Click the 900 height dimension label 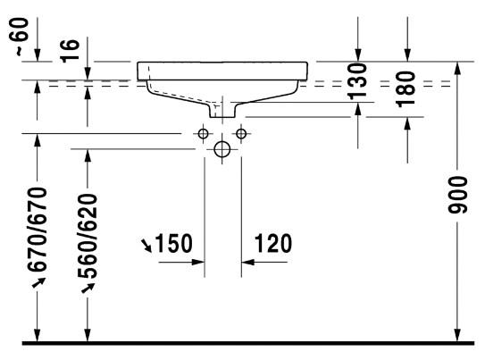pyautogui.click(x=457, y=195)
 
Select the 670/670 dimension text pyautogui.click(x=38, y=230)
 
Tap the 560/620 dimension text pyautogui.click(x=88, y=236)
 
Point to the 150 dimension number pyautogui.click(x=173, y=243)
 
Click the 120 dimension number pyautogui.click(x=273, y=243)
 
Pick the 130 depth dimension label pyautogui.click(x=357, y=81)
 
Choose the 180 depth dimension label pyautogui.click(x=406, y=88)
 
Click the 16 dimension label pyautogui.click(x=70, y=51)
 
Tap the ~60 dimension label pyautogui.click(x=22, y=37)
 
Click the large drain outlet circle pyautogui.click(x=222, y=149)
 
